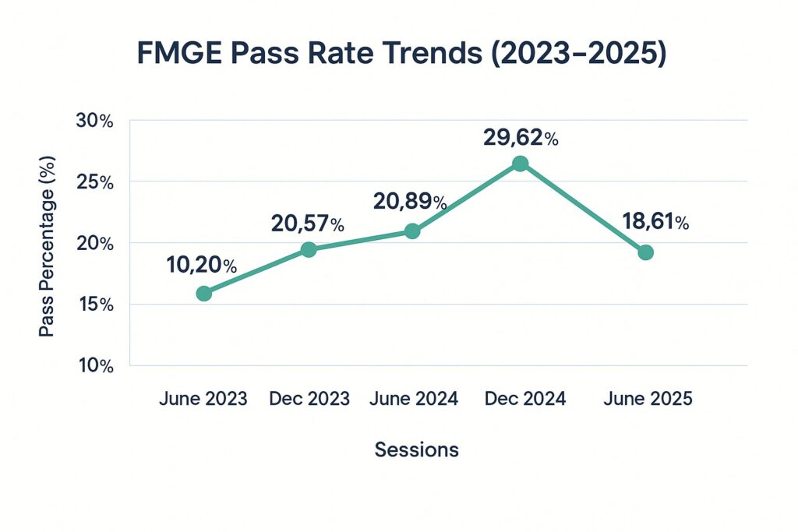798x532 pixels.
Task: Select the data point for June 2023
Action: (204, 294)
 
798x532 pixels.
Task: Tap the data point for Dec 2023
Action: (309, 249)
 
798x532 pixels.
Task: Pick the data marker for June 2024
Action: (413, 231)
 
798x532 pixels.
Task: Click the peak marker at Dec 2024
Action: (520, 163)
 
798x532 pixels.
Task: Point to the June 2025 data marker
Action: (645, 252)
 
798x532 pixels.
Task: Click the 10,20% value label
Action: (202, 265)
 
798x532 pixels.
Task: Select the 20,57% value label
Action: (307, 224)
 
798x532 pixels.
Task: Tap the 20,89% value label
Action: (410, 203)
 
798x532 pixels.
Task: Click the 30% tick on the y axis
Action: (95, 121)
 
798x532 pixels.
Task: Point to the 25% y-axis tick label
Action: (95, 182)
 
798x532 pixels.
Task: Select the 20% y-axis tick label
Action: (95, 243)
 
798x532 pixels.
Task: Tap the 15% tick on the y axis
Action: (95, 305)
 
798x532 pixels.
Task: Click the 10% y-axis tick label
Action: (95, 365)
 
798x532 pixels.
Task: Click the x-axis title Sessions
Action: (416, 449)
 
